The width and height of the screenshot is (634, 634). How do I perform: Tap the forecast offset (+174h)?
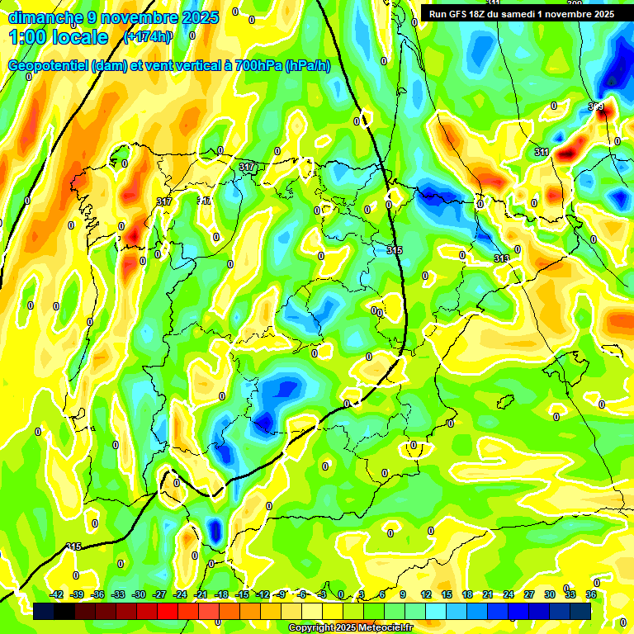147,37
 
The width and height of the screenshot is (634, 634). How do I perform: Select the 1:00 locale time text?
59,37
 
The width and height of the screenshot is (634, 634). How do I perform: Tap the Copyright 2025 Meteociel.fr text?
351,628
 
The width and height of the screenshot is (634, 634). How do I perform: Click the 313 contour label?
501,258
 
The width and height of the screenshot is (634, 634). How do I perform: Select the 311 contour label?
542,152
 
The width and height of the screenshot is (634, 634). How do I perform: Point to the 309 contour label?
595,106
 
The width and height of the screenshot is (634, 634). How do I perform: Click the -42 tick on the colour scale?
57,594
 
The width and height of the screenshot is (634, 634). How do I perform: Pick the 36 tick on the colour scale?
591,594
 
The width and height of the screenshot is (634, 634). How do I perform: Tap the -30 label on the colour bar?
139,594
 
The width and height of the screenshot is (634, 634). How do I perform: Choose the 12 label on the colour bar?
426,594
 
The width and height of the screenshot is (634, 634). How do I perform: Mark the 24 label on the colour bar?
508,594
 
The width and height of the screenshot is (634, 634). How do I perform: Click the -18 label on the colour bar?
221,594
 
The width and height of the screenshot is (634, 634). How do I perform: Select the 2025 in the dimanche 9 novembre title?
198,17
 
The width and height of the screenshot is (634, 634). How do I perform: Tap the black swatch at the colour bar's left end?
44,611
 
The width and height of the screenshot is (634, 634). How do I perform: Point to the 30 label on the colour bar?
550,594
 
